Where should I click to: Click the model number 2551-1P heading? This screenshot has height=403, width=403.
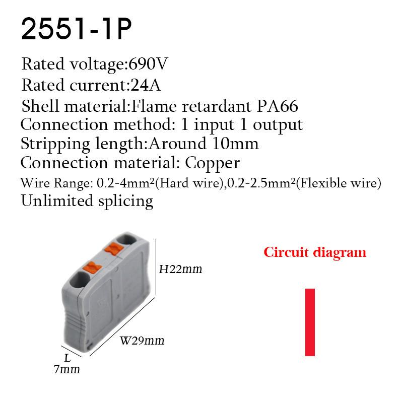point(76,30)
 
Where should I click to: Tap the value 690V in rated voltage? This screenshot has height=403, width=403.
point(149,64)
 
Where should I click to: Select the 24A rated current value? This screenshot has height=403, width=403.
point(146,85)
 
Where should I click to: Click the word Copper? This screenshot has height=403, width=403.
point(213,163)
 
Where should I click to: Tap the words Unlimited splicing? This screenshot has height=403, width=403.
point(87,201)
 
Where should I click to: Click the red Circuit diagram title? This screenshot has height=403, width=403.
point(315,252)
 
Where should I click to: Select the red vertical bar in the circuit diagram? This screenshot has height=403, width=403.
point(310,322)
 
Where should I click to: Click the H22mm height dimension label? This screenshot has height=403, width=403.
point(180,269)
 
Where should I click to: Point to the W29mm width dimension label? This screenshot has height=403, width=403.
point(142,341)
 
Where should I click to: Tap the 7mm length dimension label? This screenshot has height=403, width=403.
point(66,370)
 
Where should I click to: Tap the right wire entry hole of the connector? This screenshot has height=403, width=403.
point(126,238)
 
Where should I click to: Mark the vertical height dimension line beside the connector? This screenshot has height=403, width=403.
point(156,267)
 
